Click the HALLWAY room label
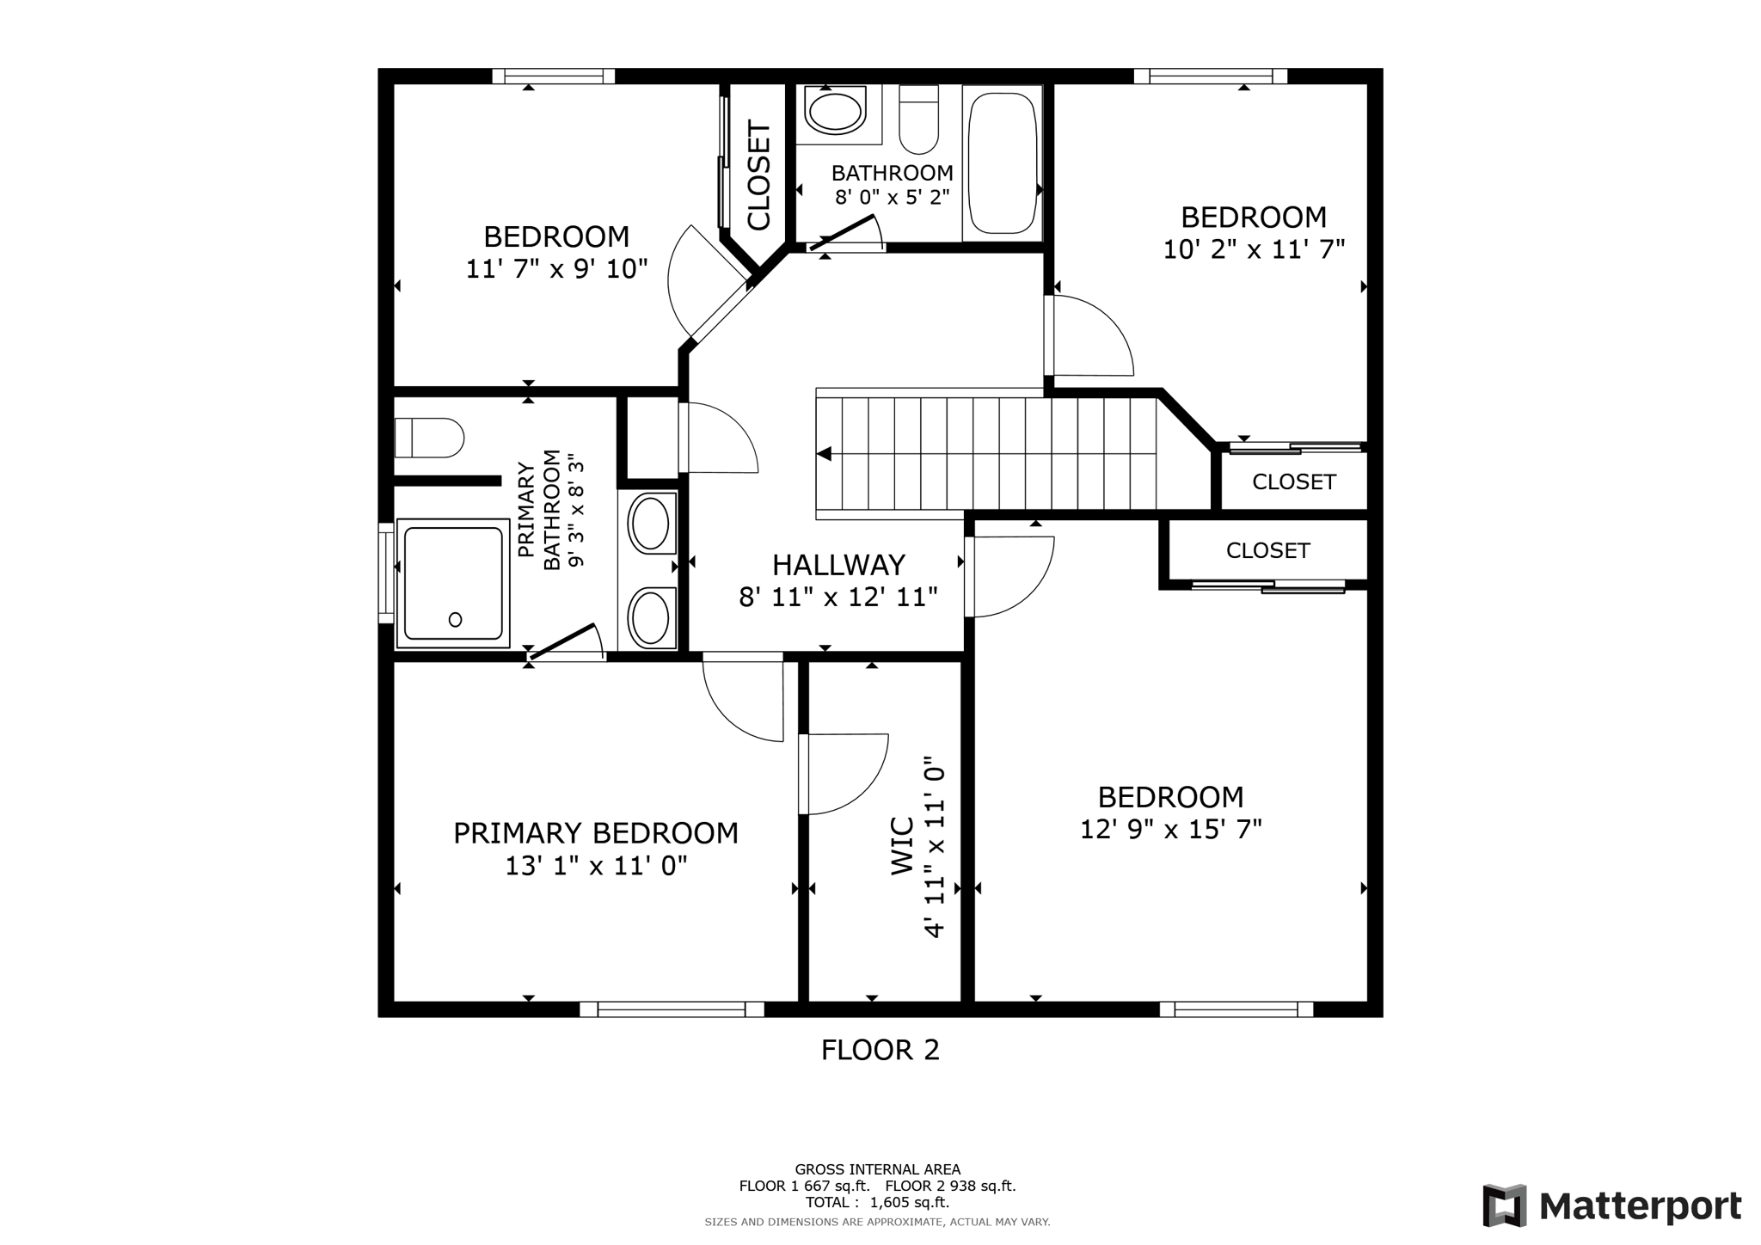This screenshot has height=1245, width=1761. click(x=838, y=565)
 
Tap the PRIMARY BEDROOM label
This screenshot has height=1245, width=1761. click(x=596, y=833)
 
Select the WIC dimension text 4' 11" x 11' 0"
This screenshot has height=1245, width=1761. click(x=934, y=847)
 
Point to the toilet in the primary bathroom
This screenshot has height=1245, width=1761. click(x=429, y=438)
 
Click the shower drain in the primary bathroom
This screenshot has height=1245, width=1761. click(x=455, y=620)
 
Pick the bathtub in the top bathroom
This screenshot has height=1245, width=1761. click(x=1002, y=163)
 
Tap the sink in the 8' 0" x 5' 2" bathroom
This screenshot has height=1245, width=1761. click(x=834, y=112)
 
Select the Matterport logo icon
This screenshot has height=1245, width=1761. click(x=1504, y=1205)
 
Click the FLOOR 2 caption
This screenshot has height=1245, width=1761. click(x=880, y=1050)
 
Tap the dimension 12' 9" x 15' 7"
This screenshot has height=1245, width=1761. click(x=1171, y=830)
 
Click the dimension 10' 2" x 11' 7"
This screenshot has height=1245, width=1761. click(x=1254, y=249)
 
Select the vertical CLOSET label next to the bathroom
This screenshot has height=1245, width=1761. click(x=758, y=176)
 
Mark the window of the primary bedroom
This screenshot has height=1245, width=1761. click(x=672, y=1009)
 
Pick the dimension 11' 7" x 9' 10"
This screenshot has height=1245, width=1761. click(x=556, y=269)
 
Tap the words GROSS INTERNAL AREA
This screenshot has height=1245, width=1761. click(x=878, y=1169)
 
